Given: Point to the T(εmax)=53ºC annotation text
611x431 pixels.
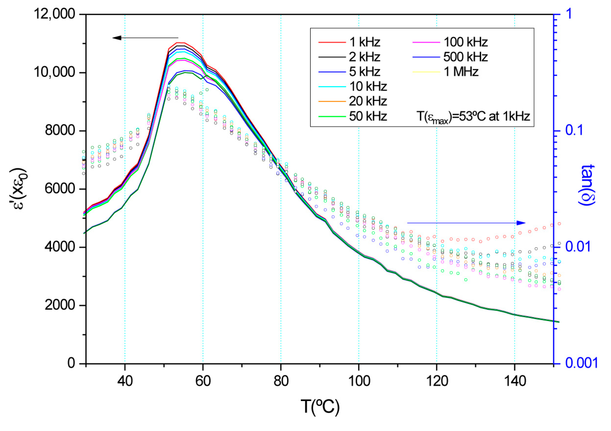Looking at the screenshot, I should (473, 117).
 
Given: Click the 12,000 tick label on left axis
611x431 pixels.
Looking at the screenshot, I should (54, 14).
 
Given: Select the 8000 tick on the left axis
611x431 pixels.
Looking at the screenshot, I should (60, 131).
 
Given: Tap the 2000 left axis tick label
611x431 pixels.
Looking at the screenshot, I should (60, 305).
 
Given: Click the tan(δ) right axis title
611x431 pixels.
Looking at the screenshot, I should (587, 185).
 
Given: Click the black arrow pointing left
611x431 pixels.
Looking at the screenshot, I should (145, 38).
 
